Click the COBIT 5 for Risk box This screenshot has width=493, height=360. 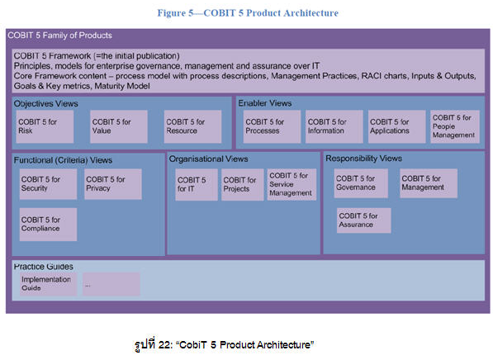point(45,126)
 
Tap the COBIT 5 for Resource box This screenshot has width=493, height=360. point(192,126)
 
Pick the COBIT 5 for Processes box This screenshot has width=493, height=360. point(271,126)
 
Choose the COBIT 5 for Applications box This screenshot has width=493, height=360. point(396,126)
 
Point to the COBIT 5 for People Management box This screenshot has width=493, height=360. point(453,126)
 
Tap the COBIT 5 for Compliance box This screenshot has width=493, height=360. point(48,224)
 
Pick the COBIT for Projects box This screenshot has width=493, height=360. point(241,185)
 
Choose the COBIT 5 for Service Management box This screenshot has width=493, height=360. point(291,185)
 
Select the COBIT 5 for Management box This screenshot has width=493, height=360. point(429,183)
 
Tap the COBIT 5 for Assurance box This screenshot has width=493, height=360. point(364,220)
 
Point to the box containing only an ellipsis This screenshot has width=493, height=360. point(111,284)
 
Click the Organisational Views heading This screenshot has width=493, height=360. point(207,158)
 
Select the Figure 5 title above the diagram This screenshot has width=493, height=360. point(246,13)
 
